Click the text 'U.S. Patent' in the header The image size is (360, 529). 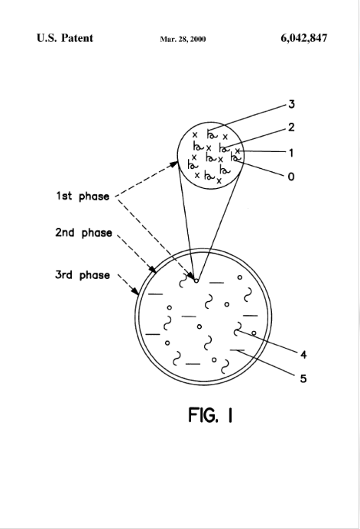click(x=65, y=37)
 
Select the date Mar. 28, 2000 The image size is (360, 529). click(x=183, y=39)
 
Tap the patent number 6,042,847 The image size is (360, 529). click(x=303, y=38)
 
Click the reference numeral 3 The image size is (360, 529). click(x=291, y=104)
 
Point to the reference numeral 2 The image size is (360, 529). click(x=291, y=128)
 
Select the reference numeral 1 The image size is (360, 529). click(x=291, y=153)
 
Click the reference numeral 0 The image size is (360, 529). click(x=291, y=177)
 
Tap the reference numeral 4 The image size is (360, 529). click(x=303, y=355)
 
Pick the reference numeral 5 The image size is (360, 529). click(x=303, y=378)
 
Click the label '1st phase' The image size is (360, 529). click(x=83, y=196)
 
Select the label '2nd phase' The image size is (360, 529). click(x=83, y=233)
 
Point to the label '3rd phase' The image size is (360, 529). click(x=83, y=275)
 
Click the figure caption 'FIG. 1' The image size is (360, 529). click(x=210, y=414)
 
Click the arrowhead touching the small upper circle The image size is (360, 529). click(x=174, y=164)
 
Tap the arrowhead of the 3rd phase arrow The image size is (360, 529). click(x=135, y=291)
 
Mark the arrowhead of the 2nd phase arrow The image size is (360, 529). click(x=153, y=269)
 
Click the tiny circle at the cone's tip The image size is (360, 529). click(x=196, y=281)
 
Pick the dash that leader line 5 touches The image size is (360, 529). click(x=237, y=351)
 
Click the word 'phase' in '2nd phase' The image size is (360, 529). click(x=97, y=233)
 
